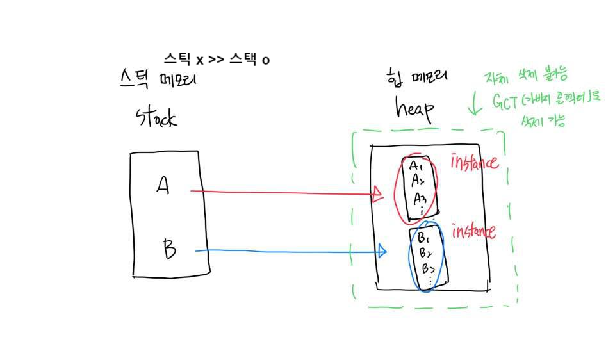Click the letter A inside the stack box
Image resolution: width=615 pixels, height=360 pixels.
tap(163, 186)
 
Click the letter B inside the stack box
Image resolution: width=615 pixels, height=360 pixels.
tap(168, 248)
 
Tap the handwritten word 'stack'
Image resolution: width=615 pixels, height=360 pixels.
tap(156, 117)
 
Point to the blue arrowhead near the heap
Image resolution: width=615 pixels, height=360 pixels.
tap(382, 250)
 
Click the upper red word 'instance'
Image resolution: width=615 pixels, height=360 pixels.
tap(475, 162)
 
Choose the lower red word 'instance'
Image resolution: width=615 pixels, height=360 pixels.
tap(473, 231)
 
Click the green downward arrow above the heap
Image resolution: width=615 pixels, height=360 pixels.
tap(474, 103)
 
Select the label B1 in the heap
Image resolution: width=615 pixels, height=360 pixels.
tap(423, 239)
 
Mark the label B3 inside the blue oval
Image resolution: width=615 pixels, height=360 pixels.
tap(427, 268)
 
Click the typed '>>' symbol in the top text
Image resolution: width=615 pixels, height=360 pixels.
tap(216, 60)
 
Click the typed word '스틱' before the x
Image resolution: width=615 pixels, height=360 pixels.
tap(177, 60)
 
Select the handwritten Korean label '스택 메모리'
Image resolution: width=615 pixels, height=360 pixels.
tap(158, 80)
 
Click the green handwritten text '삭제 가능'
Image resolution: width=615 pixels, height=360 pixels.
tap(541, 120)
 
